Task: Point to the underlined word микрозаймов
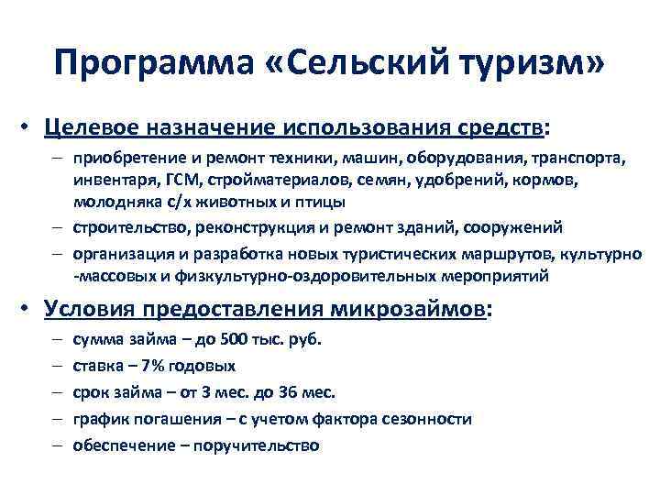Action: (416, 309)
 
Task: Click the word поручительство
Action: (260, 445)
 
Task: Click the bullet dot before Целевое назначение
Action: (28, 126)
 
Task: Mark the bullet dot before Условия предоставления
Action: (28, 310)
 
